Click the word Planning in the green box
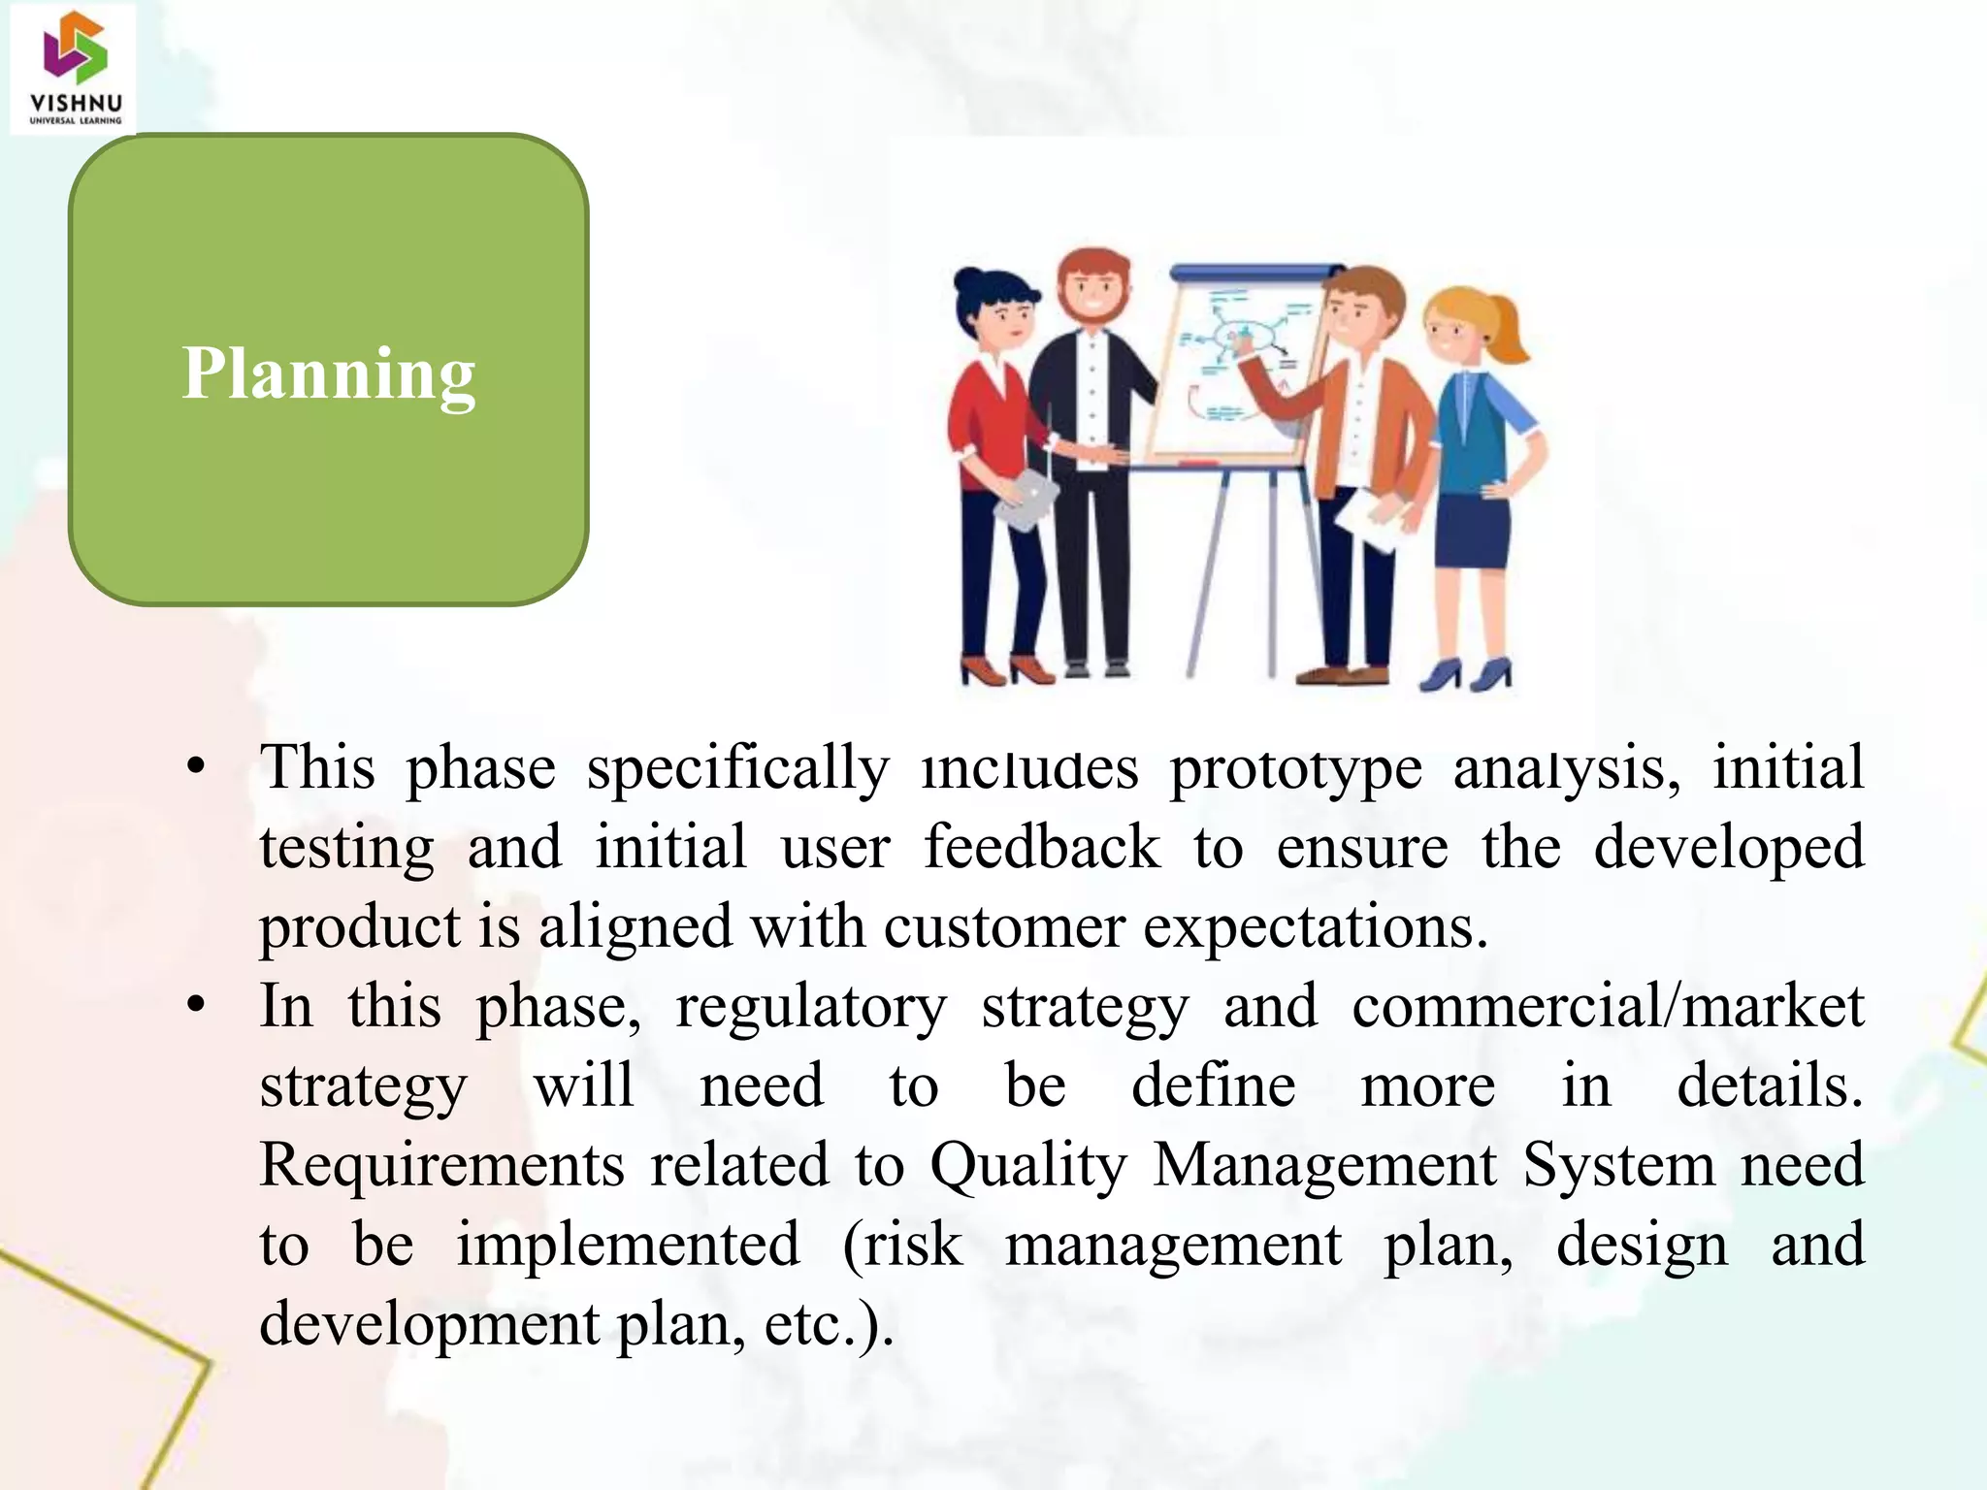click(x=328, y=373)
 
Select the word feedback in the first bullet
click(x=1040, y=847)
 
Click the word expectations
click(x=1315, y=927)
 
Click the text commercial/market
click(x=1607, y=1007)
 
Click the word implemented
click(x=628, y=1246)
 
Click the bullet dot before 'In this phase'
click(x=197, y=1007)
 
